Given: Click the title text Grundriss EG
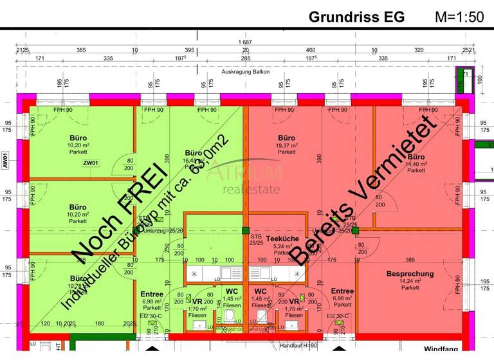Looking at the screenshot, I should (357, 17).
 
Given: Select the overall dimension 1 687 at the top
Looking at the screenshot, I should (244, 42).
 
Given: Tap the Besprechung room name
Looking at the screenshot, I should (410, 273).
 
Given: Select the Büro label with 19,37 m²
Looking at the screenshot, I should (286, 138).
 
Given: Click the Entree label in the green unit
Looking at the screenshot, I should (152, 294).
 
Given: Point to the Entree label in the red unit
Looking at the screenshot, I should (342, 291).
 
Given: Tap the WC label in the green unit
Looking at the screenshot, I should (232, 291).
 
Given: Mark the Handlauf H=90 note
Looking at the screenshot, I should (299, 346).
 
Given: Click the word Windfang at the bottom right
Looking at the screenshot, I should (441, 349).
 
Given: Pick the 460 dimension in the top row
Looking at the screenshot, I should (310, 50).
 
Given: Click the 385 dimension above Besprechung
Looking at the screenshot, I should (410, 260).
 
